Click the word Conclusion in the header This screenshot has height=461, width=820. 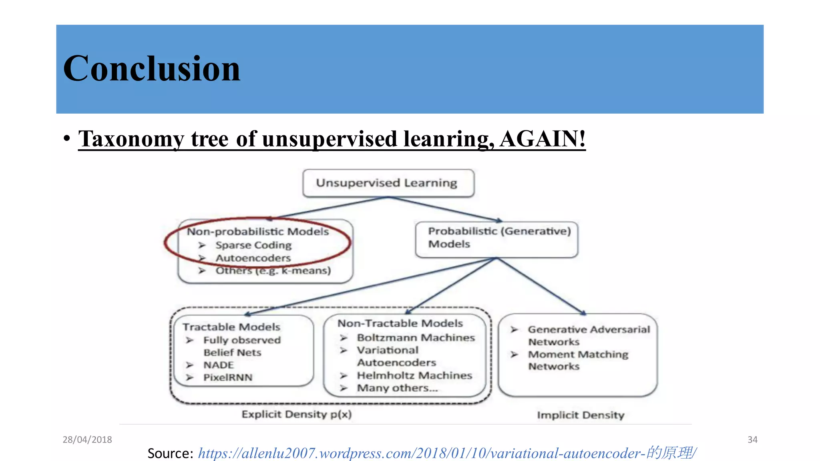pos(152,69)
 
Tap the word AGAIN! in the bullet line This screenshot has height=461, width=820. pos(542,139)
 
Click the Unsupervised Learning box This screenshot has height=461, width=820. pos(387,183)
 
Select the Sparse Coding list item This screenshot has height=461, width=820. pos(253,245)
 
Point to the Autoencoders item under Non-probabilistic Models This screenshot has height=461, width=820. pos(253,258)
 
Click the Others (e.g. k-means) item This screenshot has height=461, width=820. pos(273,271)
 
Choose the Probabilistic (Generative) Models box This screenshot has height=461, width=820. pos(496,238)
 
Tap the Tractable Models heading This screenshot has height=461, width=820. pos(231,327)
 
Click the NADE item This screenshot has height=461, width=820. pos(219,365)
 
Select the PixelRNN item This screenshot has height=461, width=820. pos(228,377)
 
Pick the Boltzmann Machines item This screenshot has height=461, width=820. pos(416,338)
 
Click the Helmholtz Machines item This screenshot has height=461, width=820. pos(414,375)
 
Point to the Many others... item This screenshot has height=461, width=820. pos(397,388)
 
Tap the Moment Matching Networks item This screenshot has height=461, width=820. pos(578,360)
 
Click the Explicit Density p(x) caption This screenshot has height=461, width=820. pos(297,414)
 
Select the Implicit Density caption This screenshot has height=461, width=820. pos(581,415)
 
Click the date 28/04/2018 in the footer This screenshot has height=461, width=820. pos(87,440)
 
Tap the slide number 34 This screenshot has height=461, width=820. pos(752,440)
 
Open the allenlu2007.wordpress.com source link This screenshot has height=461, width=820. pos(447,453)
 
